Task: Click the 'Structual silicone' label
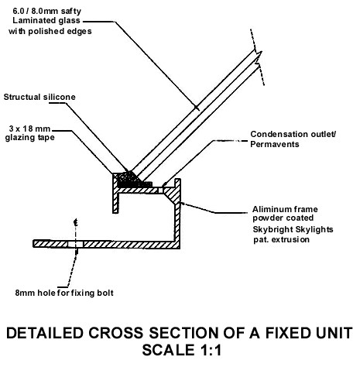coord(39,97)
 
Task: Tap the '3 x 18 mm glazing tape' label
coord(29,133)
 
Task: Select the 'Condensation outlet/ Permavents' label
coord(293,139)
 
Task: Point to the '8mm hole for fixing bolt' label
coord(64,293)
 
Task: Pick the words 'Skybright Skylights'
coord(293,229)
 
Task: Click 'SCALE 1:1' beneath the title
coord(182,350)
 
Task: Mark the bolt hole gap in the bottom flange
coord(76,244)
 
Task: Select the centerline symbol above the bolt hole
coord(76,222)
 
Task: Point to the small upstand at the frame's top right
coord(177,184)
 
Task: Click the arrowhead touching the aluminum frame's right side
coord(183,204)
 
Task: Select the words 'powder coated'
coord(283,218)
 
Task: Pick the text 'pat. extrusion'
coord(281,239)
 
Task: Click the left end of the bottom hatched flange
coord(33,244)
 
